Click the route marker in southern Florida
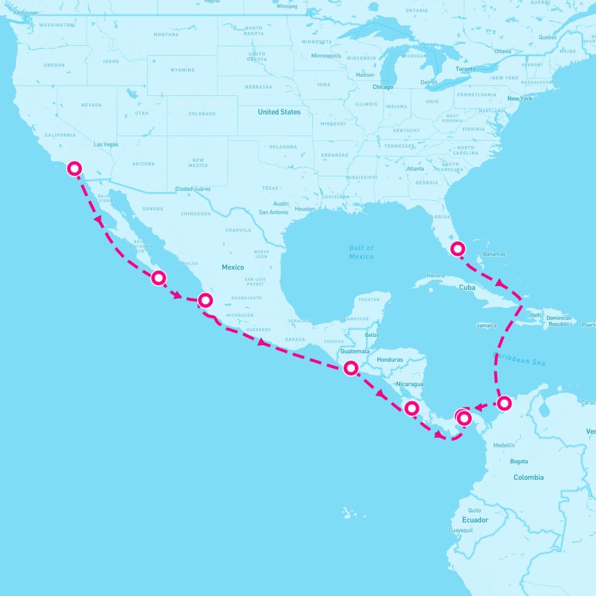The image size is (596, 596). pyautogui.click(x=457, y=248)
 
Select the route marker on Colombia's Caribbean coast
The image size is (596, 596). pyautogui.click(x=504, y=403)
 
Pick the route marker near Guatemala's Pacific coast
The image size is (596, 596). pyautogui.click(x=351, y=368)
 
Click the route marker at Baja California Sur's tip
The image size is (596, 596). pyautogui.click(x=158, y=278)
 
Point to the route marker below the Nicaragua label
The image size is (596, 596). pyautogui.click(x=412, y=408)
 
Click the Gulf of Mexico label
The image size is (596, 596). pyautogui.click(x=361, y=252)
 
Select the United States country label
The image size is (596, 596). pyautogui.click(x=279, y=112)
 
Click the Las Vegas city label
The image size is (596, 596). pyautogui.click(x=106, y=145)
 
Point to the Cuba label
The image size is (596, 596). pyautogui.click(x=467, y=288)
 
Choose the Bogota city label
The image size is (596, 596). pyautogui.click(x=519, y=461)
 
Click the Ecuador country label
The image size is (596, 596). pyautogui.click(x=475, y=520)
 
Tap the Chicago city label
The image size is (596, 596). pyautogui.click(x=382, y=87)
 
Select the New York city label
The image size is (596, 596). pyautogui.click(x=520, y=99)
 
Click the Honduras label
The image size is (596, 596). pyautogui.click(x=390, y=360)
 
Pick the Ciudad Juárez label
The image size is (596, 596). pyautogui.click(x=193, y=189)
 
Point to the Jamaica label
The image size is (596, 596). pyautogui.click(x=486, y=326)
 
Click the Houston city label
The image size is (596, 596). pyautogui.click(x=304, y=209)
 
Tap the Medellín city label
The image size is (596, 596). pyautogui.click(x=504, y=446)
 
